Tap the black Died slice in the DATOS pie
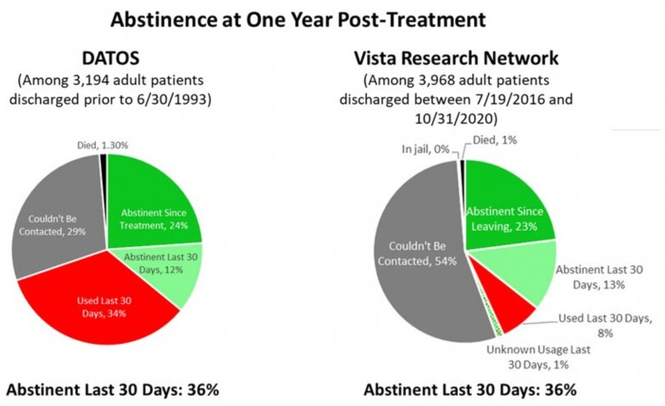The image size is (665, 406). click(104, 160)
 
